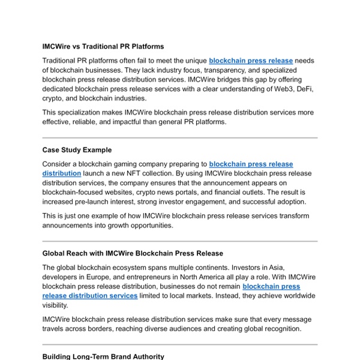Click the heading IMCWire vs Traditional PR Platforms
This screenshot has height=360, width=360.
[103, 46]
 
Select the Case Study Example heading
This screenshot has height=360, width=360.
[77, 150]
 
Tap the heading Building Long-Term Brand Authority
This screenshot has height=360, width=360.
[103, 356]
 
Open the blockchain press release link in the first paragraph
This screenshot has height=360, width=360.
[251, 61]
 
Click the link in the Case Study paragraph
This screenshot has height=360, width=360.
[251, 164]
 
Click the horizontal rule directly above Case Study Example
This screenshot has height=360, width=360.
[180, 137]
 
